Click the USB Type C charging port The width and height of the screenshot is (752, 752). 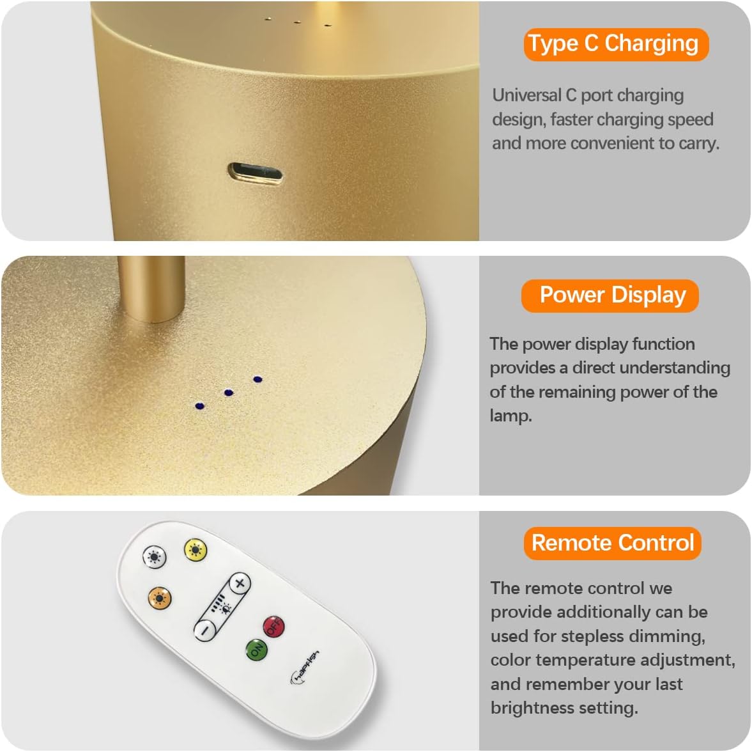click(255, 173)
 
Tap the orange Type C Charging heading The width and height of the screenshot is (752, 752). click(616, 45)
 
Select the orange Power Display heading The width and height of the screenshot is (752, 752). click(610, 295)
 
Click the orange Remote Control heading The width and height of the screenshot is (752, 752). click(613, 544)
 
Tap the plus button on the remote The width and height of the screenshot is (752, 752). click(240, 583)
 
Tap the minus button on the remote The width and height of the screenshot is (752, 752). click(205, 630)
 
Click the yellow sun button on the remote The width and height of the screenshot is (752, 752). click(196, 550)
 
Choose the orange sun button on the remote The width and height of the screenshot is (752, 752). click(160, 599)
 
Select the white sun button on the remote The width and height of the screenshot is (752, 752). click(155, 557)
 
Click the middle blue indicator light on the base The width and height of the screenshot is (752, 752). click(229, 393)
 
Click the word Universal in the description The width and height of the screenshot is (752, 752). click(526, 95)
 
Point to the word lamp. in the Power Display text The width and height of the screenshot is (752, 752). click(510, 416)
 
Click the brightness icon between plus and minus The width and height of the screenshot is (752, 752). click(222, 606)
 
